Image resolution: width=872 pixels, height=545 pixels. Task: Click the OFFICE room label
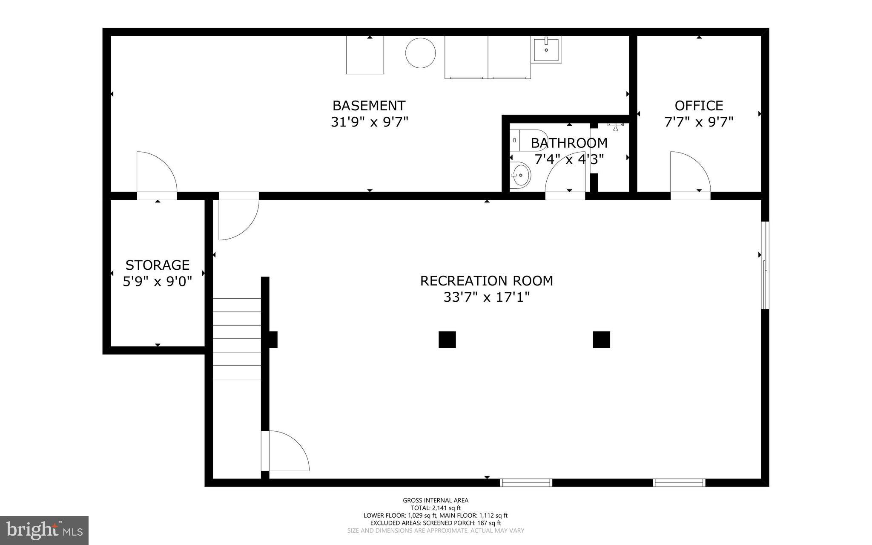[699, 106]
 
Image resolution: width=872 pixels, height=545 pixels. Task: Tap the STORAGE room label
[157, 265]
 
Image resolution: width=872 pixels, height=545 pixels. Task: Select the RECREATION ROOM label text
[486, 281]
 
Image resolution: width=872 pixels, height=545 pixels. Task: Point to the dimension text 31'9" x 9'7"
[369, 122]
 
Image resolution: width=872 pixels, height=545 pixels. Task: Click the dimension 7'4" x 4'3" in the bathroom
[569, 159]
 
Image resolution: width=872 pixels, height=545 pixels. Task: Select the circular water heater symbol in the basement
[420, 53]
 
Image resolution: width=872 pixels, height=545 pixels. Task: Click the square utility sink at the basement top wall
[546, 49]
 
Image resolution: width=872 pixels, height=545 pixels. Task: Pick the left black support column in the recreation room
[447, 340]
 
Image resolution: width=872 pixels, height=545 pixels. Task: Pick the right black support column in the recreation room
[601, 340]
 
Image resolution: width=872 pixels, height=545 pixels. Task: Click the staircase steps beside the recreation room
[237, 339]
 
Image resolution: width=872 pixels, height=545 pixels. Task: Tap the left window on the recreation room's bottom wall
[526, 483]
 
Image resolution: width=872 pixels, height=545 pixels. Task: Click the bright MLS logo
[44, 530]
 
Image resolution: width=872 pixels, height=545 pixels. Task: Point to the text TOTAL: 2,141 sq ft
[436, 508]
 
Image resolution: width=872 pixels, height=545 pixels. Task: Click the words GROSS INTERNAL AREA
[436, 500]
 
